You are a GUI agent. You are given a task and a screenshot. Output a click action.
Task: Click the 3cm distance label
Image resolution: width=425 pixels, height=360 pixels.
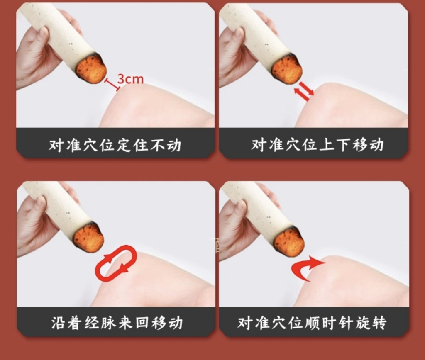point(130,79)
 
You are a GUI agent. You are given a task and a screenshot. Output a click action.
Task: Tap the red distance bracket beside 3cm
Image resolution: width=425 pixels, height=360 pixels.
point(112,85)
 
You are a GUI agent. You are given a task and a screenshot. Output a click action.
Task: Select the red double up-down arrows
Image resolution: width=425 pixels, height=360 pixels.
point(304,91)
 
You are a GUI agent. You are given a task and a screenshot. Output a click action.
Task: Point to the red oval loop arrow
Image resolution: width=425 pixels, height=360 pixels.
point(116,263)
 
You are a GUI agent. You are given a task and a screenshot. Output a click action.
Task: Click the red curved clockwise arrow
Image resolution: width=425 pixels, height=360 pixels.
point(308,268)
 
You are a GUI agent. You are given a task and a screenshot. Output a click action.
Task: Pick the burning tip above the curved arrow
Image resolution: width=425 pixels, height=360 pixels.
point(289,243)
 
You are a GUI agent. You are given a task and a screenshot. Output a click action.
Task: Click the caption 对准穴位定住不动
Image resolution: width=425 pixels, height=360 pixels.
point(115,145)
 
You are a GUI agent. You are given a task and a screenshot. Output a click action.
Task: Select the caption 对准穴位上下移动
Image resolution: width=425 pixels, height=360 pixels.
point(318,144)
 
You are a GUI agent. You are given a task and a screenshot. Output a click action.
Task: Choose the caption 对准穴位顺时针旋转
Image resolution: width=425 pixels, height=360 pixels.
point(312,323)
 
